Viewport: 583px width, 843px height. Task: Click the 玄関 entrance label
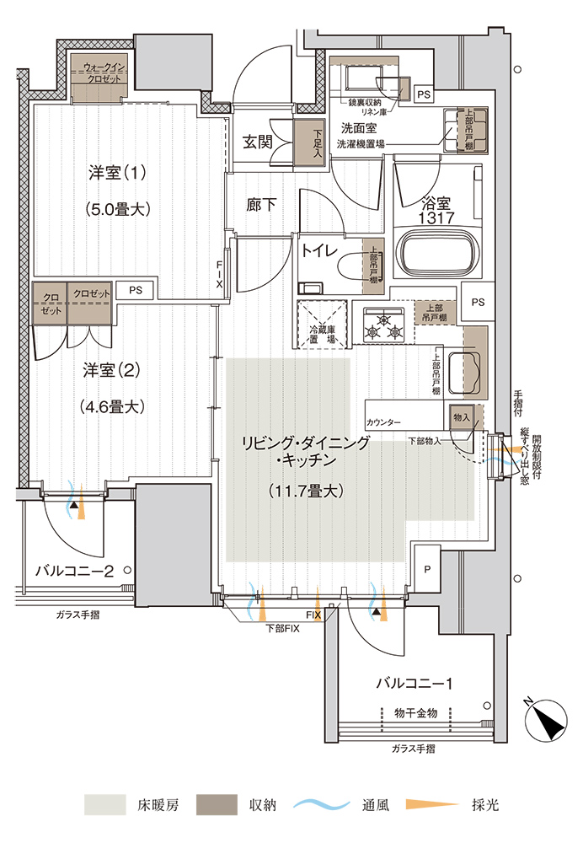click(258, 142)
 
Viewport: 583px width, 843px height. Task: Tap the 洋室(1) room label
click(118, 174)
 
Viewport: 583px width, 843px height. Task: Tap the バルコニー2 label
click(75, 570)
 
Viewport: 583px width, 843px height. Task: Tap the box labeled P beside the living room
click(427, 569)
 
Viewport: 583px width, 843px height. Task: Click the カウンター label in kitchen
click(383, 421)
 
